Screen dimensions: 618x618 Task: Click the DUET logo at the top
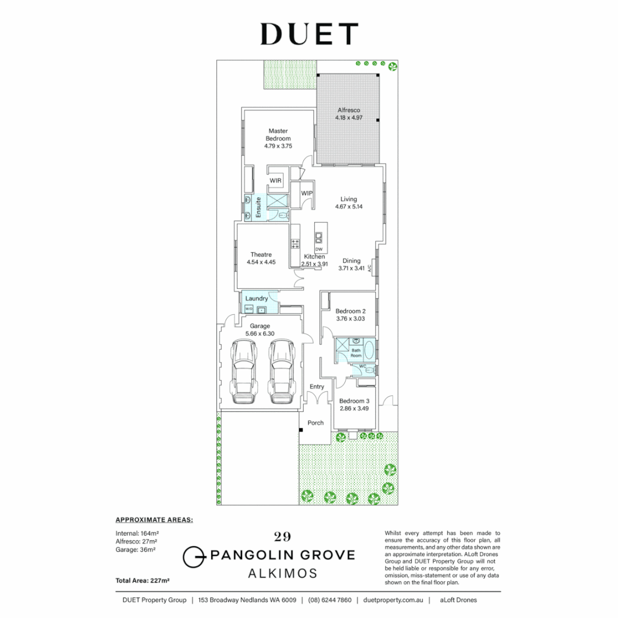309,34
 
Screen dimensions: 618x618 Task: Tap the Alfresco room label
348,109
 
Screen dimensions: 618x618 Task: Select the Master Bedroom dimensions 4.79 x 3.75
278,146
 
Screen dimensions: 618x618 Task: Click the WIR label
276,181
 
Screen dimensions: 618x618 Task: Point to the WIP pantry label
307,193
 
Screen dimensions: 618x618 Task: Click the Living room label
348,199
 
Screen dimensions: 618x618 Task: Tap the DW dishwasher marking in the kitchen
319,249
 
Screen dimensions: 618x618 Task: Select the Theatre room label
261,255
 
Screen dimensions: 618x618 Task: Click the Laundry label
256,298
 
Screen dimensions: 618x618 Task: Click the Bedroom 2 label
351,311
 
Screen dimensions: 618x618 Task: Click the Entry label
317,387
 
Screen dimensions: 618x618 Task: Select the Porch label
316,423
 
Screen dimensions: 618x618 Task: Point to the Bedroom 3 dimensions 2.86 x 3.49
354,409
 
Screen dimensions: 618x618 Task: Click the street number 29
282,536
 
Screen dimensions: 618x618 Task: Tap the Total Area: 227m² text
143,580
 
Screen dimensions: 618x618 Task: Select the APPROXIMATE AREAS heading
154,520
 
